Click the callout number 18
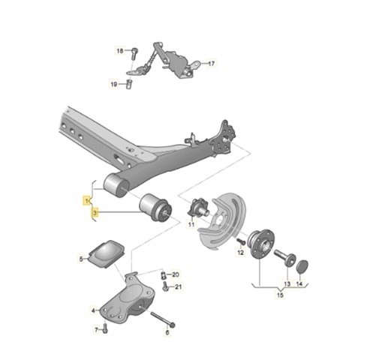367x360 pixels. pyautogui.click(x=120, y=51)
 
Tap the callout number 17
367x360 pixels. pyautogui.click(x=212, y=64)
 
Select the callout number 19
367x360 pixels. pyautogui.click(x=114, y=84)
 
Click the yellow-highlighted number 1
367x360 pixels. pyautogui.click(x=87, y=200)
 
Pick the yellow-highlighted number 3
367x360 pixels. pyautogui.click(x=95, y=213)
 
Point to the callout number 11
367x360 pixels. pyautogui.click(x=191, y=224)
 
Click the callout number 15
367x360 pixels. pyautogui.click(x=280, y=295)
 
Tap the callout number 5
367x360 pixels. pyautogui.click(x=81, y=259)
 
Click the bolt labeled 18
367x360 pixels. pyautogui.click(x=134, y=53)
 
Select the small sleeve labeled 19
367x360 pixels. pyautogui.click(x=129, y=84)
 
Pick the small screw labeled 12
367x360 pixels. pyautogui.click(x=241, y=241)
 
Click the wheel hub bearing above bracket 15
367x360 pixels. pyautogui.click(x=260, y=242)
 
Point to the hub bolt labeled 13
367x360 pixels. pyautogui.click(x=285, y=257)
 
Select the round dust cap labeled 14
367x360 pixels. pyautogui.click(x=302, y=266)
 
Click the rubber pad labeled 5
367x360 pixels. pyautogui.click(x=107, y=254)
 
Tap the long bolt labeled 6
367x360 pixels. pyautogui.click(x=162, y=318)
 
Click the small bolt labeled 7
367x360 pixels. pyautogui.click(x=105, y=328)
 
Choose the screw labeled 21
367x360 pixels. pyautogui.click(x=165, y=286)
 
